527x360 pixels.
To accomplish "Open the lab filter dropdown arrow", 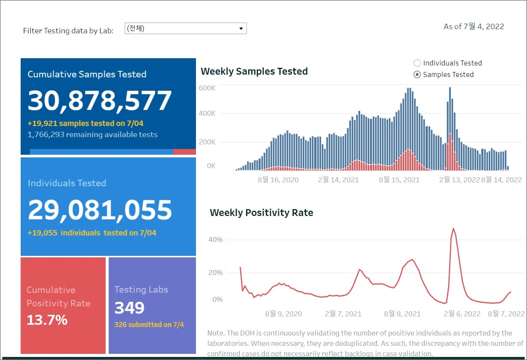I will click(241, 29).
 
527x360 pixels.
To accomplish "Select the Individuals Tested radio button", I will click(417, 63).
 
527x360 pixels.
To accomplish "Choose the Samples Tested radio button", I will click(417, 75).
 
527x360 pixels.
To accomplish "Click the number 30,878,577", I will click(100, 101).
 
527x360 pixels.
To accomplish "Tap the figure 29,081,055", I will click(100, 210).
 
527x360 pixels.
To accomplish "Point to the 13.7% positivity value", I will click(47, 320).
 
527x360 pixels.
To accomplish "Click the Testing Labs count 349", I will click(129, 308).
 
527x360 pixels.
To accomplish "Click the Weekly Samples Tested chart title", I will click(254, 72).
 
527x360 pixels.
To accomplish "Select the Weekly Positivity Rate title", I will click(261, 213).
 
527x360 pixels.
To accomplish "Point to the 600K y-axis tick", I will click(207, 88).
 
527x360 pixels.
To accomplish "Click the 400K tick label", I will click(207, 113).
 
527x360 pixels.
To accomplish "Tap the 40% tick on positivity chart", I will click(215, 240).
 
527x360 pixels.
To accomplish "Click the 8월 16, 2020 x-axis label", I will click(278, 180).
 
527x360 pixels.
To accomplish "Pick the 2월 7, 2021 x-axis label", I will click(343, 314).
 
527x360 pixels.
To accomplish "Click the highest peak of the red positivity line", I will click(454, 229).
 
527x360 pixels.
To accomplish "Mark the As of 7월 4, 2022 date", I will click(474, 26).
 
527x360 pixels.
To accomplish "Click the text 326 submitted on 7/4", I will click(149, 325).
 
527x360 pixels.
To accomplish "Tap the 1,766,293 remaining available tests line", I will click(93, 135).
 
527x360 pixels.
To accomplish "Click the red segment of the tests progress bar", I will click(184, 152).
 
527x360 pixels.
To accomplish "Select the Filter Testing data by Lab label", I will click(68, 31).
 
